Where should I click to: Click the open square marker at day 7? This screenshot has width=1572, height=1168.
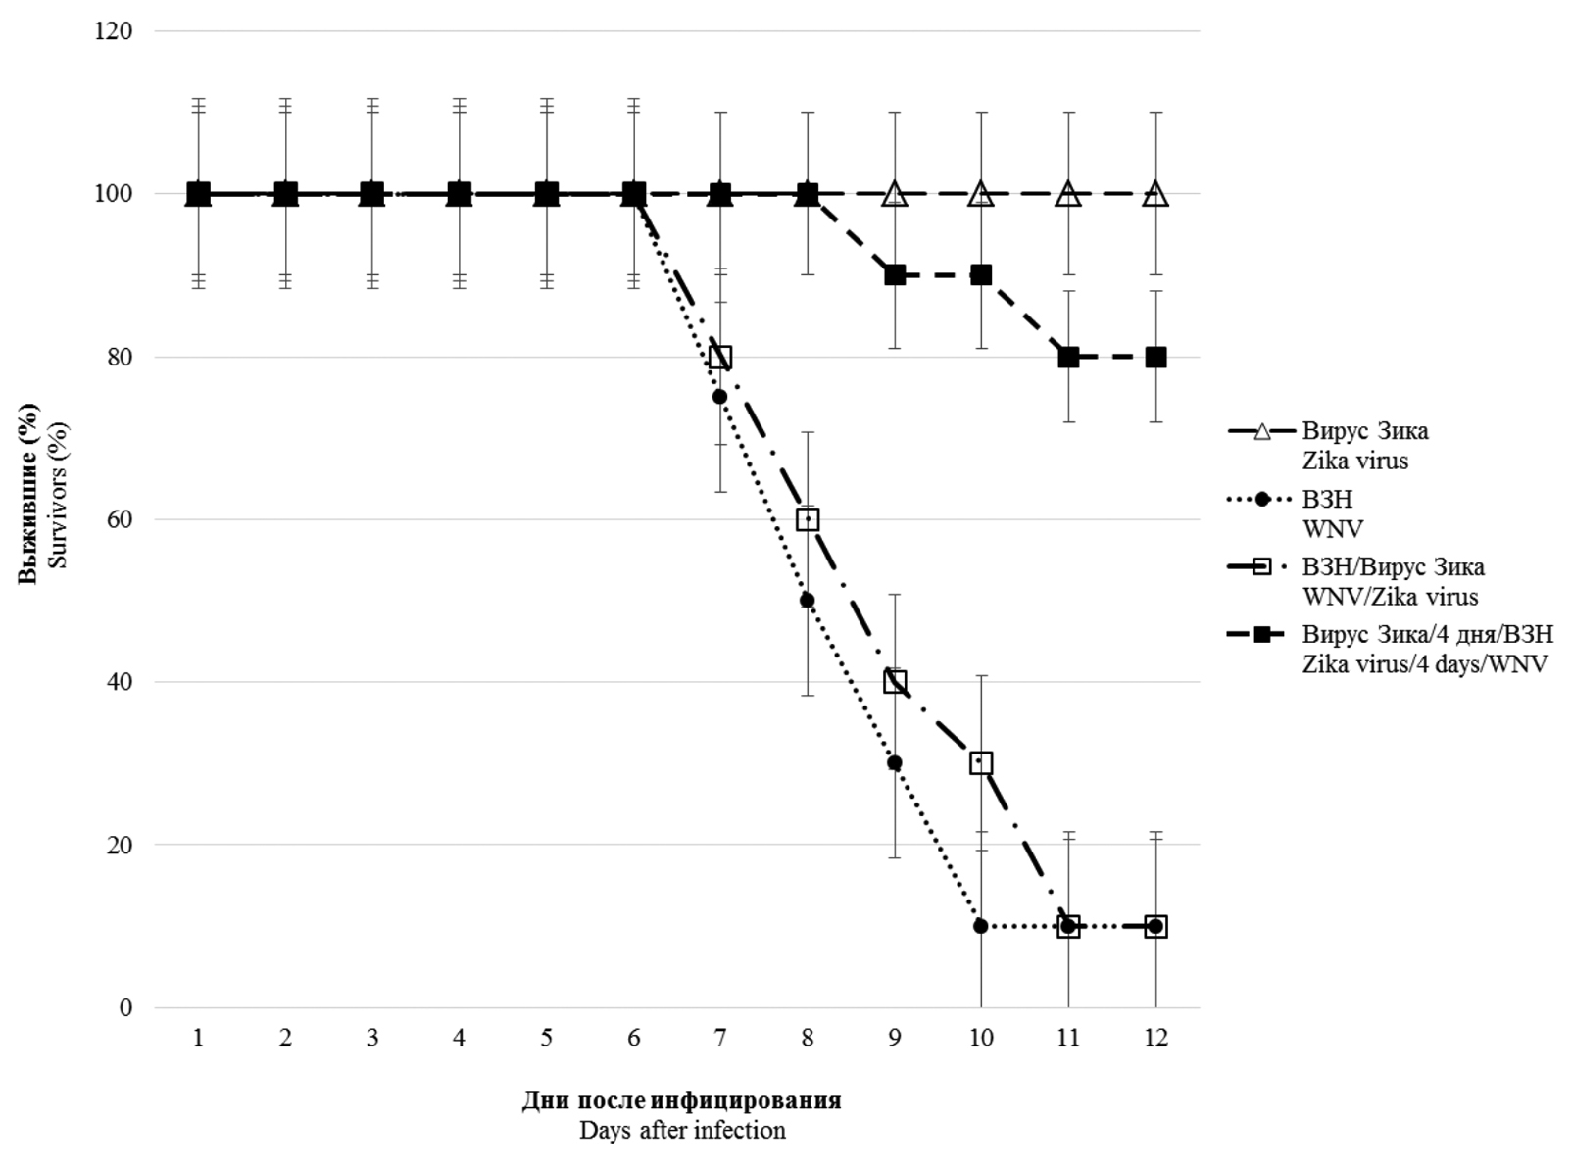click(720, 357)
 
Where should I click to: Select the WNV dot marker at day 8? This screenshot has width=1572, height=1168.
click(808, 600)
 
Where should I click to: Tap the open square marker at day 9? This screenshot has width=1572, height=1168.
click(895, 682)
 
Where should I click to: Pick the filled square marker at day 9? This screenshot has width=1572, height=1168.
click(895, 275)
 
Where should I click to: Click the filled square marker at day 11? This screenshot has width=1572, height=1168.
click(1068, 357)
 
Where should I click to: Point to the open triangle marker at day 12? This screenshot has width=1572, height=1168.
click(1155, 194)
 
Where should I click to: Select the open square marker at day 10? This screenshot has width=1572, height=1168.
click(981, 763)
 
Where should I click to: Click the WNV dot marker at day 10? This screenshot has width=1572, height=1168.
click(981, 926)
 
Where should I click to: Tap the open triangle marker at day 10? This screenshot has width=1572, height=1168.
click(981, 194)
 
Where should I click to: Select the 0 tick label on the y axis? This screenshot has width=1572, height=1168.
click(125, 1007)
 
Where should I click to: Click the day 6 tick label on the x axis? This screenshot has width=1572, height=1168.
click(633, 1039)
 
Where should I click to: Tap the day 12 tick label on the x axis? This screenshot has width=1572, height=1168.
click(1155, 1039)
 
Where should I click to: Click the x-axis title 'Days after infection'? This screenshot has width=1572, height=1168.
click(682, 1131)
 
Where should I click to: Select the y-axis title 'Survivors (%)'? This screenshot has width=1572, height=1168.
click(58, 495)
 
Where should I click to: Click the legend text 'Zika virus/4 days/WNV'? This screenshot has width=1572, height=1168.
click(1425, 664)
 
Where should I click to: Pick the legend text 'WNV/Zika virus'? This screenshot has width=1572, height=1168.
click(1390, 596)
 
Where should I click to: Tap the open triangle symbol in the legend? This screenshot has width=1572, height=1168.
click(1263, 431)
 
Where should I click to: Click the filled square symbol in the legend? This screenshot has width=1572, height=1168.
click(1263, 636)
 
